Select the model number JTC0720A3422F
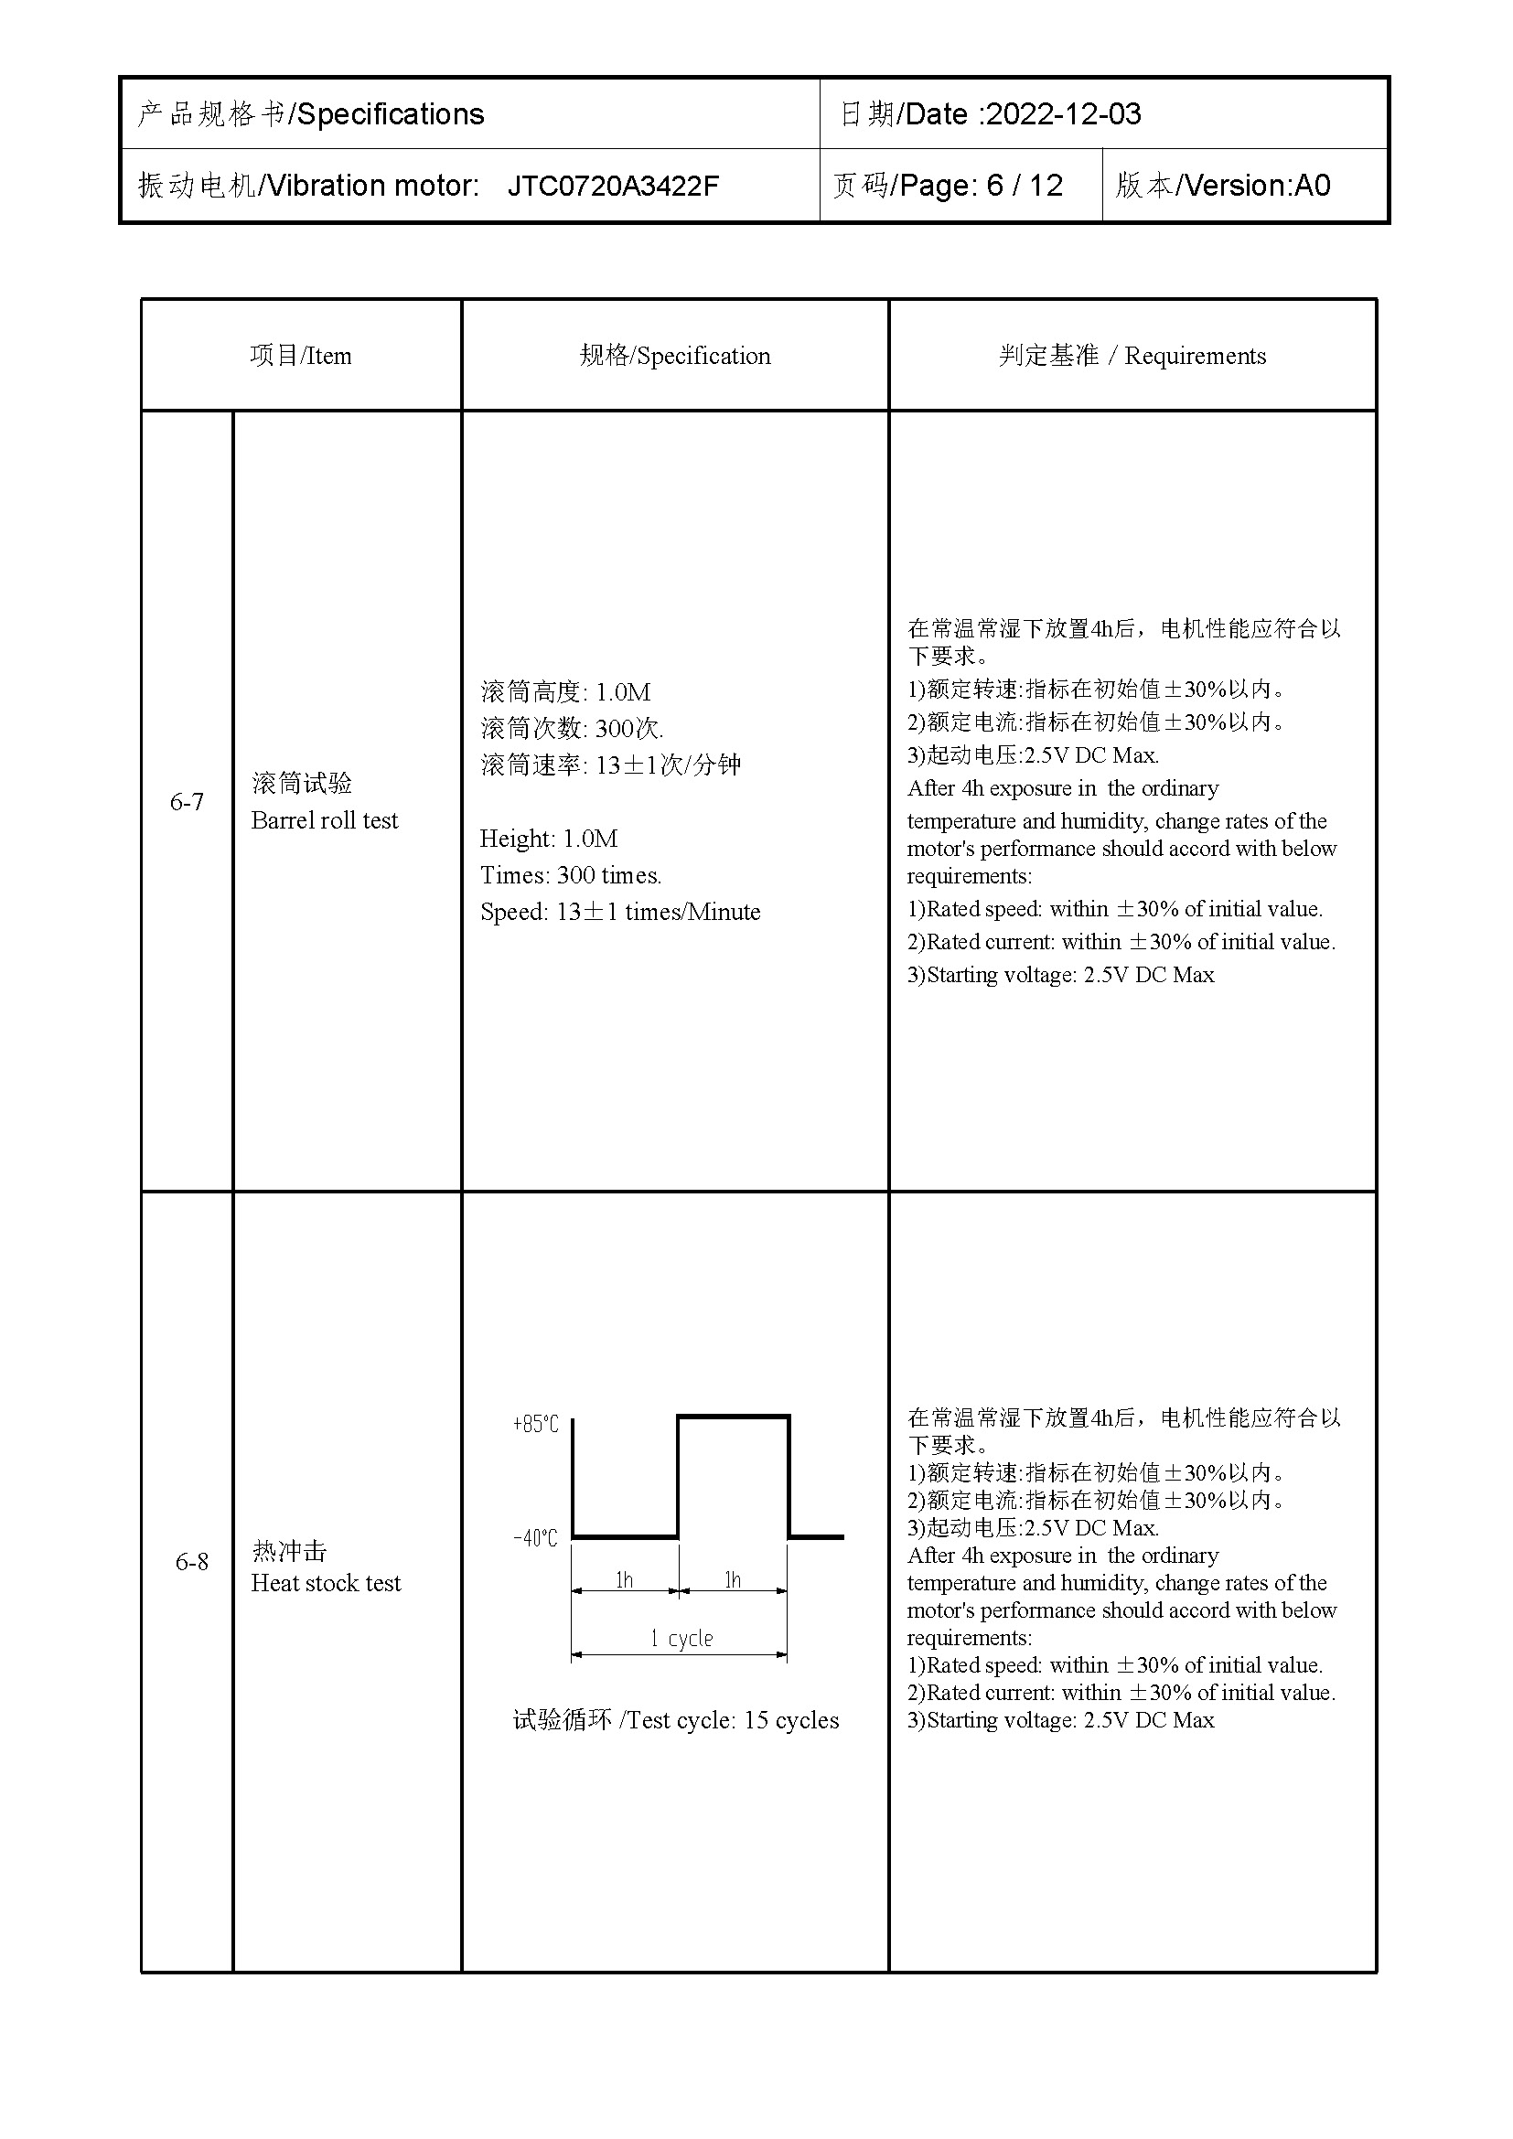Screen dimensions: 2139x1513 [612, 187]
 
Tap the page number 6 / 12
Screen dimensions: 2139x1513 [1024, 187]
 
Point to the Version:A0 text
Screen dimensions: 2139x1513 [1257, 187]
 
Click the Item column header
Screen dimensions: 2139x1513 [301, 356]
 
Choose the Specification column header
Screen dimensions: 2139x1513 [674, 356]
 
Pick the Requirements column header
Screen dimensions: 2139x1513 [1132, 356]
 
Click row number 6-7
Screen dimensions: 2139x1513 [187, 801]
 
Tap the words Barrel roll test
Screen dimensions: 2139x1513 [324, 820]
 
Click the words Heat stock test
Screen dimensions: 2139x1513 [325, 1583]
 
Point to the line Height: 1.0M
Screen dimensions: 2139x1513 [549, 839]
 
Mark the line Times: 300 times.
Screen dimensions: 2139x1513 [570, 876]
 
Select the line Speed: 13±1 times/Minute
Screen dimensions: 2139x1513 [619, 912]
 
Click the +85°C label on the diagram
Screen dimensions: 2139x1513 [536, 1425]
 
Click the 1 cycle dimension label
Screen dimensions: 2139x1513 [681, 1639]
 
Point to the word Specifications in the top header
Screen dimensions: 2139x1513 [390, 114]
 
